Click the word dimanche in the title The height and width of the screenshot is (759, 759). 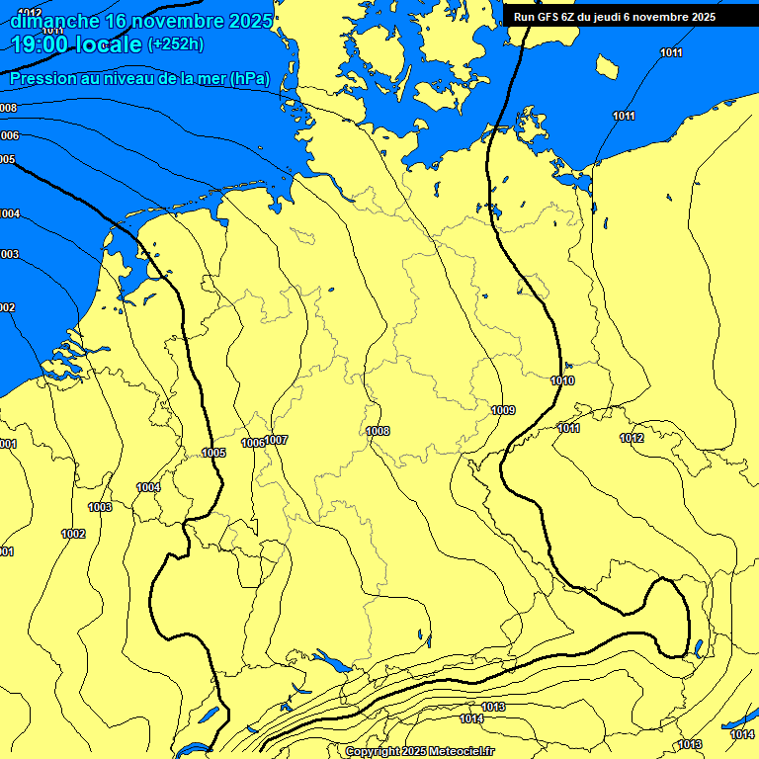pyautogui.click(x=54, y=21)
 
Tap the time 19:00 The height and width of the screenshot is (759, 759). pyautogui.click(x=42, y=44)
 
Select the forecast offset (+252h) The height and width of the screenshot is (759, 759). pyautogui.click(x=176, y=44)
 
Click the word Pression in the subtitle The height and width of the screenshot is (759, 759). pyautogui.click(x=44, y=79)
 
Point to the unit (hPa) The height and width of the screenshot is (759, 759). pyautogui.click(x=249, y=79)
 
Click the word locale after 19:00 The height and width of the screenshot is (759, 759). pyautogui.click(x=109, y=44)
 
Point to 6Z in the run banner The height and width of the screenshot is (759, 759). pyautogui.click(x=571, y=17)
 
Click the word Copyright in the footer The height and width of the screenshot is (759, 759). pyautogui.click(x=373, y=752)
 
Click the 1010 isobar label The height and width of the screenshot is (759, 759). pyautogui.click(x=562, y=380)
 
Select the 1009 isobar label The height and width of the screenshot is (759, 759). pyautogui.click(x=503, y=410)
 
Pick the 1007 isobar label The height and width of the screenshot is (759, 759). pyautogui.click(x=277, y=440)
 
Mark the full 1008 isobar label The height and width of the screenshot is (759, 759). pyautogui.click(x=378, y=431)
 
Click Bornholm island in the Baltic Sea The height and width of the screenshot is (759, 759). pyautogui.click(x=607, y=67)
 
